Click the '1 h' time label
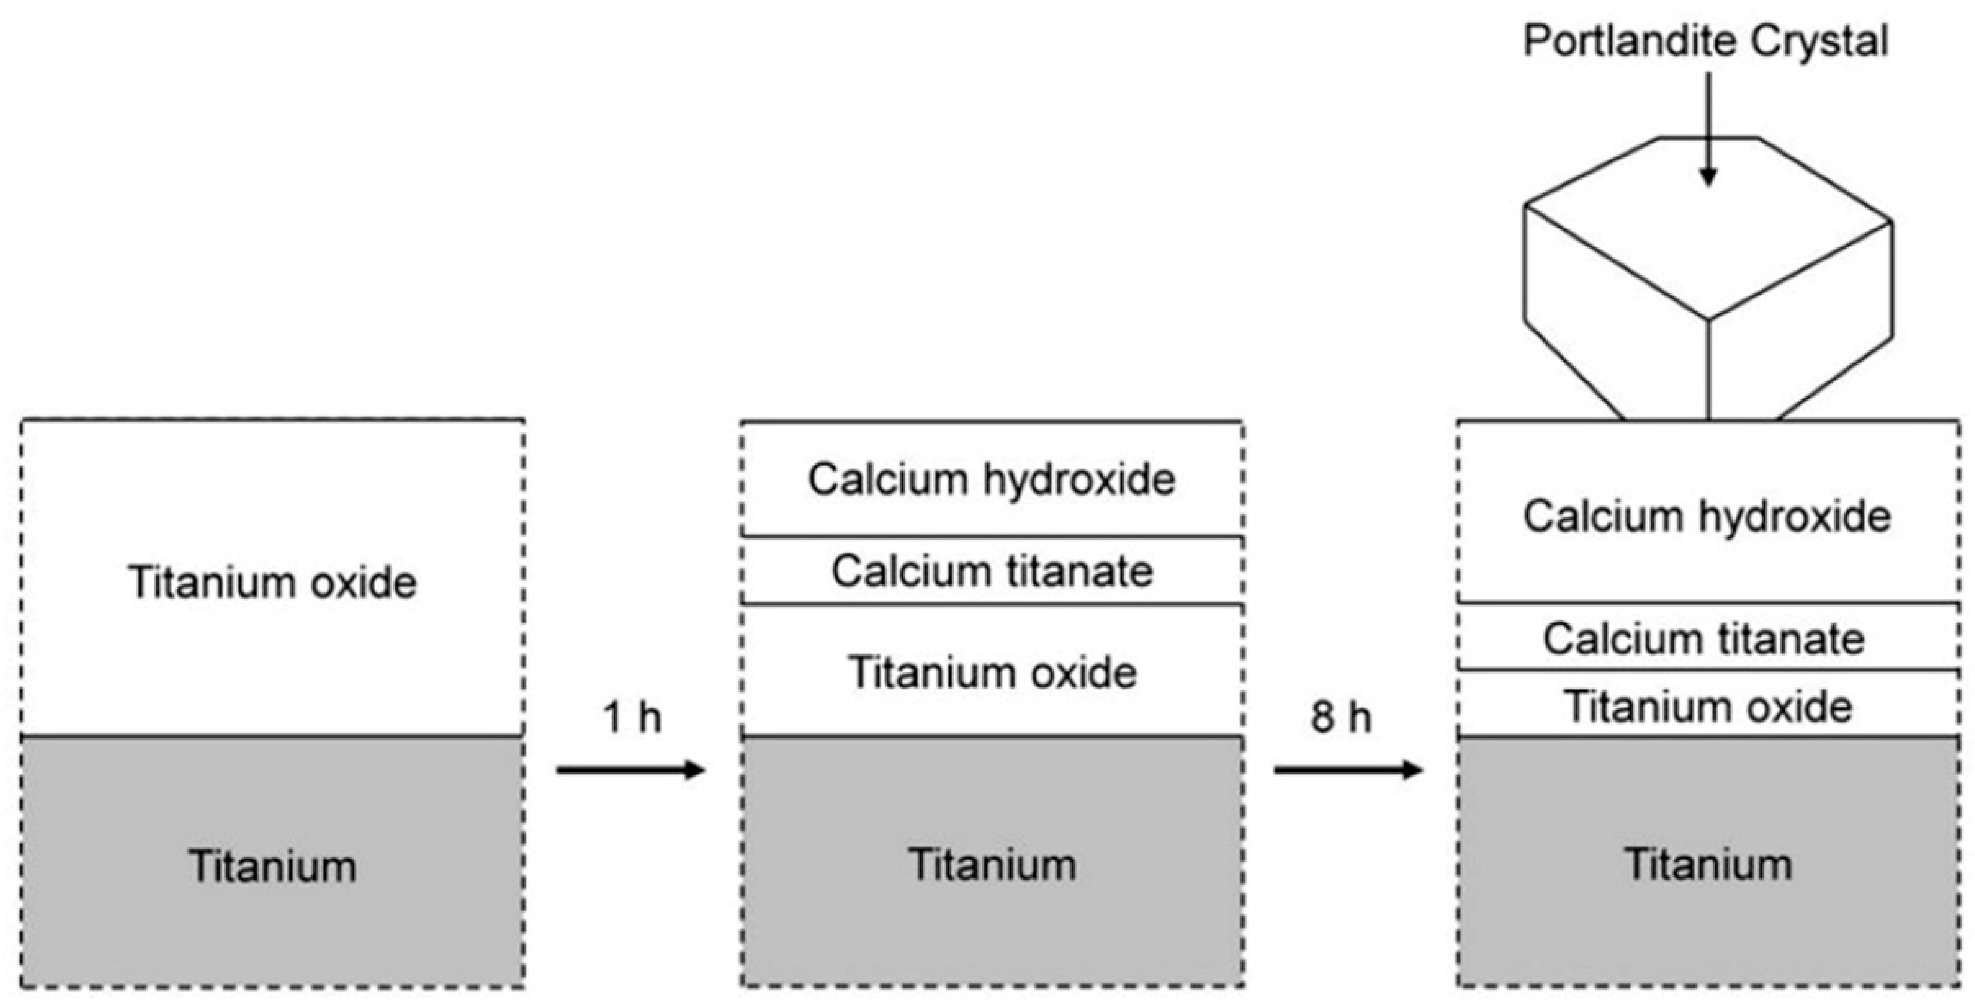click(632, 719)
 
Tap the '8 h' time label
click(1341, 719)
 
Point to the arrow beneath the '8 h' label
click(1348, 769)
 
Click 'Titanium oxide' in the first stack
click(272, 582)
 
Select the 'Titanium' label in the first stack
click(272, 866)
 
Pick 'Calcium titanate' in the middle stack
click(991, 572)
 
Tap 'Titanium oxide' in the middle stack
click(991, 673)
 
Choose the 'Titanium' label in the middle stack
click(991, 865)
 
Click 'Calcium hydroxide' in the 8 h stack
click(1707, 516)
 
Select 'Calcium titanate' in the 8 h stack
click(1704, 639)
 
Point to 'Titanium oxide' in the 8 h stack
click(1707, 706)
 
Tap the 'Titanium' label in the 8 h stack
click(1707, 865)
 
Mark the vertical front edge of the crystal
click(1708, 368)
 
